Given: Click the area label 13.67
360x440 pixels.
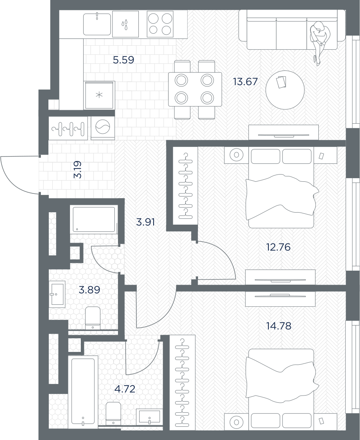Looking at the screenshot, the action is tap(245, 82).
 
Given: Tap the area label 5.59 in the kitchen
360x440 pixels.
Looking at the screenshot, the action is tap(123, 60).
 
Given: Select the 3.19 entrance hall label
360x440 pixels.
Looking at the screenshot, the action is tap(77, 169).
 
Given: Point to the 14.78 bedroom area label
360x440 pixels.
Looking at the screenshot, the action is tap(279, 326).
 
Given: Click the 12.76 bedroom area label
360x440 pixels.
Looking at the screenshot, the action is tap(278, 247).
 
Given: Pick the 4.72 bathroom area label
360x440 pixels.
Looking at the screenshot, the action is tap(125, 389).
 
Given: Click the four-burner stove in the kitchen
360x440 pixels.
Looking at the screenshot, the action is tap(160, 24).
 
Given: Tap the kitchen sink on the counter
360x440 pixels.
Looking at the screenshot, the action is tap(97, 23).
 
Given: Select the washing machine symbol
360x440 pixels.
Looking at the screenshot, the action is tap(103, 128).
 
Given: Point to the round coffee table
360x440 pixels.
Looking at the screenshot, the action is tap(285, 90).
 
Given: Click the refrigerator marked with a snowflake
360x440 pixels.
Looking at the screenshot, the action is tap(99, 95).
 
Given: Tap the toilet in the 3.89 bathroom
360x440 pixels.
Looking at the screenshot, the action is tap(92, 318).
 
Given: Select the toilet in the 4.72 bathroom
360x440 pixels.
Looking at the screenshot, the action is tap(114, 413).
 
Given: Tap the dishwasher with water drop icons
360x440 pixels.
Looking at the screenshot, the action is tap(125, 24).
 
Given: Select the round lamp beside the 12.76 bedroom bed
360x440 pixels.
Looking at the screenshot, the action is tap(236, 155).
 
